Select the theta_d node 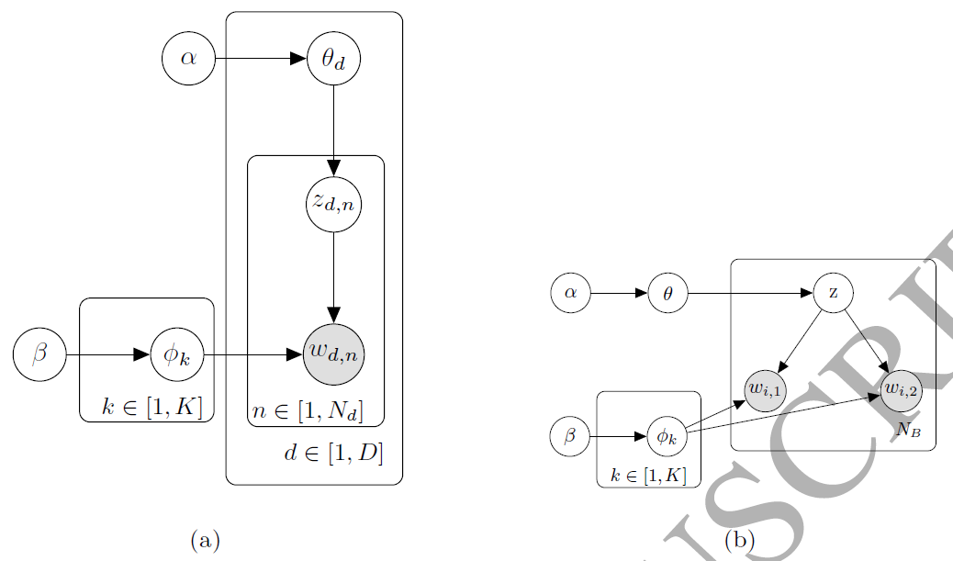[x=333, y=60]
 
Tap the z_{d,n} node [x=333, y=206]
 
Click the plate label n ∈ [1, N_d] [x=308, y=411]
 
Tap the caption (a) [x=205, y=539]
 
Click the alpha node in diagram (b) [x=570, y=294]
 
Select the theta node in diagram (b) [x=667, y=294]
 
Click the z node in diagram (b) [x=834, y=294]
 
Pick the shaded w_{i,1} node [x=765, y=388]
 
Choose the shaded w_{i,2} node [x=901, y=389]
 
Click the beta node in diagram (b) [x=569, y=436]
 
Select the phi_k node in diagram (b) [x=667, y=436]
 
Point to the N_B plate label [x=908, y=429]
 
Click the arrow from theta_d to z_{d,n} [x=333, y=129]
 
